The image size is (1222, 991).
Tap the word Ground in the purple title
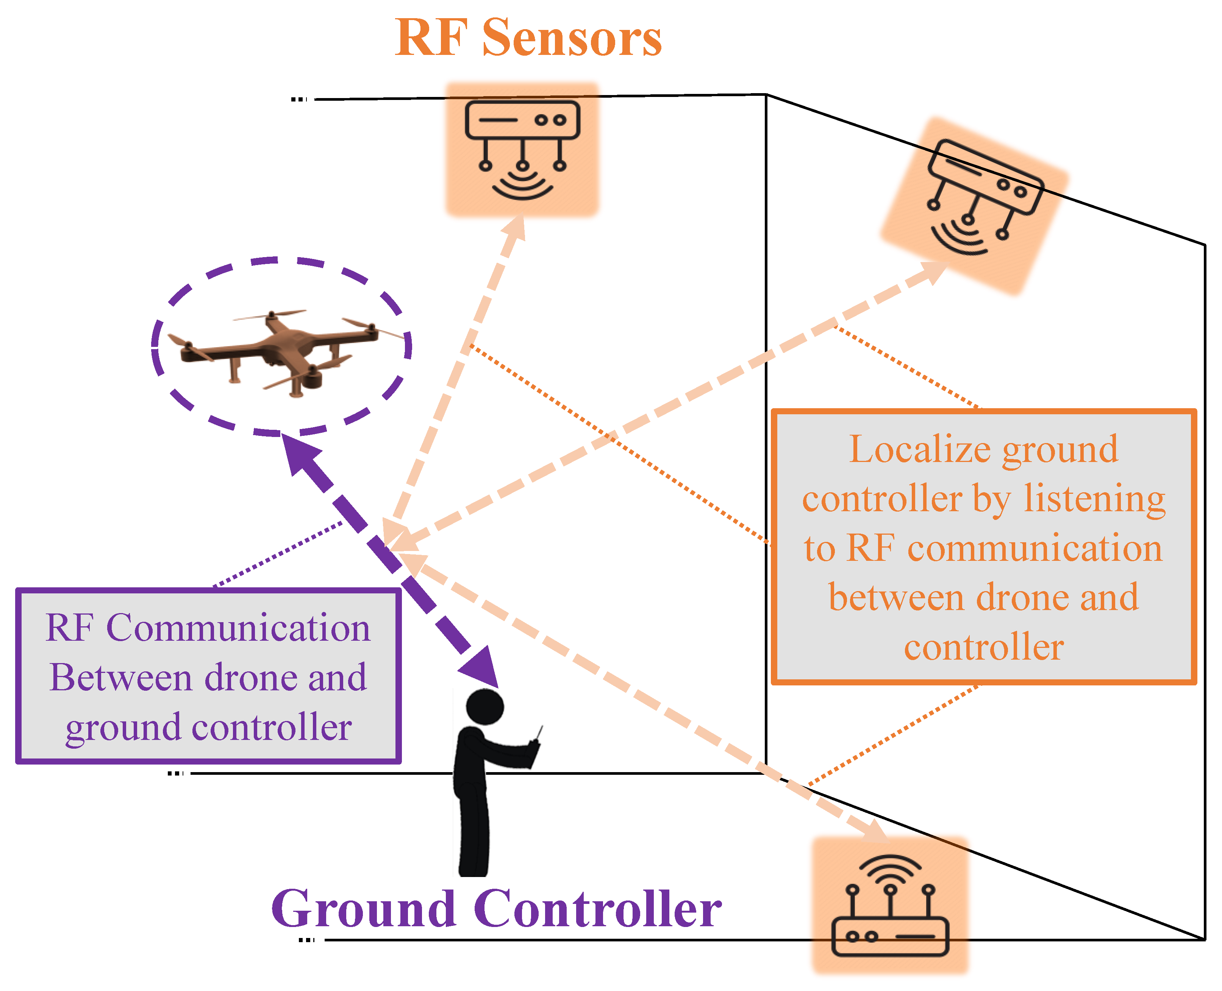(364, 909)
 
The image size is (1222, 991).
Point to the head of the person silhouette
(485, 707)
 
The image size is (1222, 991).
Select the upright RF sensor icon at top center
(522, 150)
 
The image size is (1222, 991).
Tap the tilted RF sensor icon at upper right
(974, 206)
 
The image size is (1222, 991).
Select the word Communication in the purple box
(238, 628)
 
